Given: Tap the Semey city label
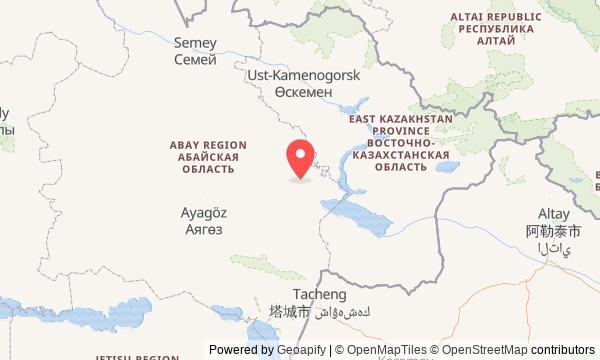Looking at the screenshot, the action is pos(195,43).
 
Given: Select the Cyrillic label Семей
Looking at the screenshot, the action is pos(195,61).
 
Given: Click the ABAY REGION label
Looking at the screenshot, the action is pos(208,145).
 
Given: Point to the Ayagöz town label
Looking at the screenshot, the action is pos(204,212).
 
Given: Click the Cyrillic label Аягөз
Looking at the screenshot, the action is pos(204,229).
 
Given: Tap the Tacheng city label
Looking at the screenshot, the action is pos(320,294).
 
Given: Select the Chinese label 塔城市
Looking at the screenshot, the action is pos(289,312).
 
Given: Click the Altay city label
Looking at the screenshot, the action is pos(553,214).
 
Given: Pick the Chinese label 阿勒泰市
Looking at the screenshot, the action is pos(553,231).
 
